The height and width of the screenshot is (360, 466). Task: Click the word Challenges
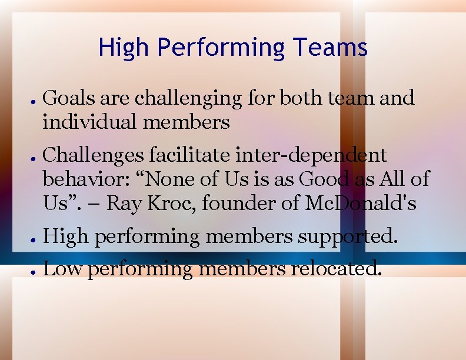94,155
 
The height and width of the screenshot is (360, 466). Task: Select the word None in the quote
188,178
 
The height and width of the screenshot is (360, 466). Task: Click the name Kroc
170,204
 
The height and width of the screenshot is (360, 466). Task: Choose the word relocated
337,269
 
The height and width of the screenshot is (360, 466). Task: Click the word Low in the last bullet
58,269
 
